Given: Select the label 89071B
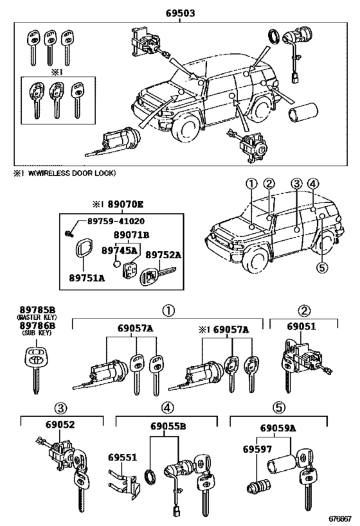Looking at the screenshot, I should (x=131, y=235).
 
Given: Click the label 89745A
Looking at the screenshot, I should (x=118, y=252).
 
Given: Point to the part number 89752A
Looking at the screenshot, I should (x=163, y=254).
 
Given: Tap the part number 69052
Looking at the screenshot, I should (x=61, y=425).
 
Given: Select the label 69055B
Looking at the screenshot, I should (x=169, y=425).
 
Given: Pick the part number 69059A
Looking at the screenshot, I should (x=278, y=427).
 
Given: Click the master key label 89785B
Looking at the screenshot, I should (x=37, y=308).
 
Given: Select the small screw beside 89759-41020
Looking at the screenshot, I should (x=66, y=231).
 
